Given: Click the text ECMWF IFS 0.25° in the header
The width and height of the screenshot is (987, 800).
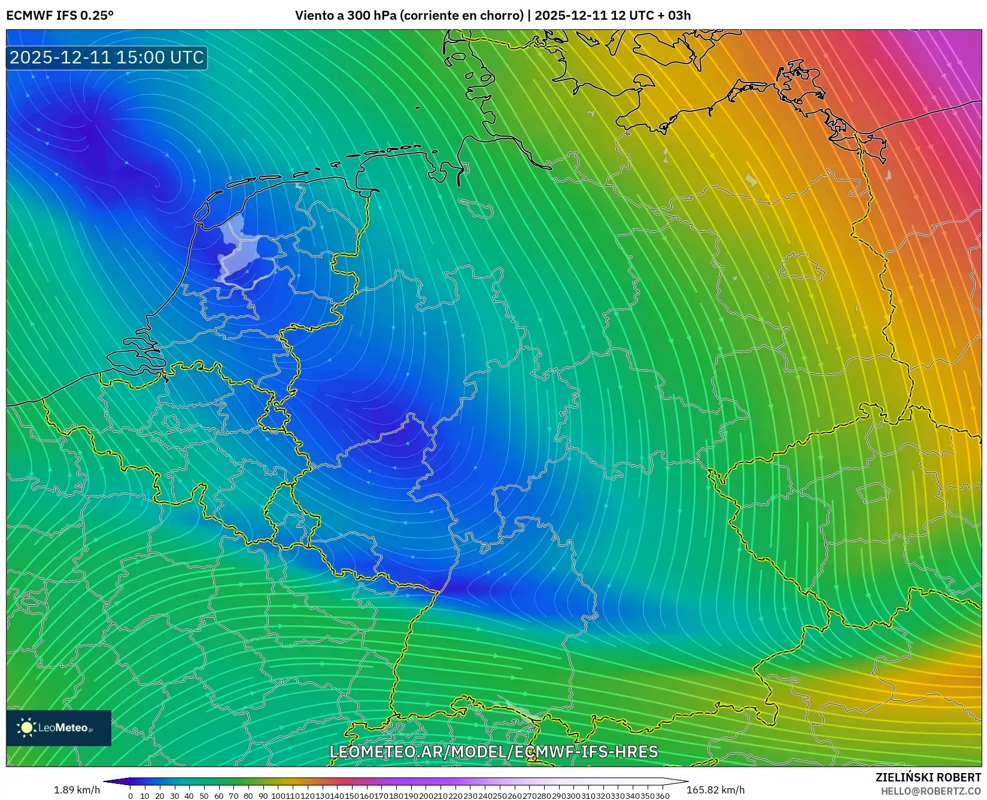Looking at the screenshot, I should (60, 15).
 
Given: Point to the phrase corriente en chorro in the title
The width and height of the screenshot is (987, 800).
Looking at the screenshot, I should (461, 15).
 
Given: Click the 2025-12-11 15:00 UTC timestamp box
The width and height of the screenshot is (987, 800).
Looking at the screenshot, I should (107, 57).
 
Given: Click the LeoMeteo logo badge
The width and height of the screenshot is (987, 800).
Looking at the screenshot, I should (59, 728).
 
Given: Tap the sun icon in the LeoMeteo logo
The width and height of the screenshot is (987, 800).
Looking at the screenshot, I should (26, 728).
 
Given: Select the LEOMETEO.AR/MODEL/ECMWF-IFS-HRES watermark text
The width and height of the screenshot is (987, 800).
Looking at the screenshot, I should (494, 752).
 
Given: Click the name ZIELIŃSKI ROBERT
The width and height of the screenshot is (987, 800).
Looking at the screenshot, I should (928, 777).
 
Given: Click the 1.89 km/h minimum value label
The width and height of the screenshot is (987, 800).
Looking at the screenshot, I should (77, 790).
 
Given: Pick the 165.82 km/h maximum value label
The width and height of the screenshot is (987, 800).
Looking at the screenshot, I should (716, 790).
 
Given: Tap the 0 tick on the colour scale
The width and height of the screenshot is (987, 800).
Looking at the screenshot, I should (130, 796).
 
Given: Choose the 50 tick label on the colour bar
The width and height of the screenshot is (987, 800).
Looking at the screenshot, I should (204, 796).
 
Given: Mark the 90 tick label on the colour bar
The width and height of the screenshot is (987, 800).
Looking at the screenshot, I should (263, 796).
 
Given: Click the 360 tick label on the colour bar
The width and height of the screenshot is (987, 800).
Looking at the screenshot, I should (663, 796).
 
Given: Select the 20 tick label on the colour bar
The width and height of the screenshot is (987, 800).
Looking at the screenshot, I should (160, 796).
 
